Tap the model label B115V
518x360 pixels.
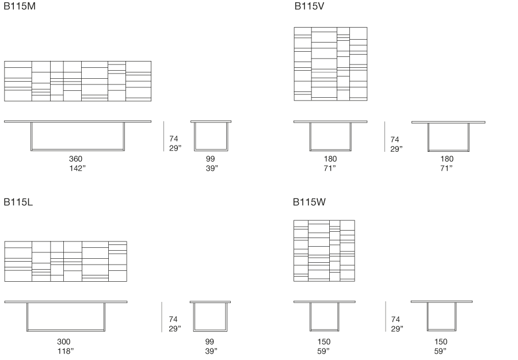tap(310, 6)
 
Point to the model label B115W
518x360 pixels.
tap(310, 202)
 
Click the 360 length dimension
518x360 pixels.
tap(75, 159)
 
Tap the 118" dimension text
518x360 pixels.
tap(66, 351)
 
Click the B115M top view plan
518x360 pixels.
tap(78, 81)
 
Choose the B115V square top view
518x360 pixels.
tap(330, 64)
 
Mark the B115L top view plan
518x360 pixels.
tap(66, 262)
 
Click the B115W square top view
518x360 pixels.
tap(324, 251)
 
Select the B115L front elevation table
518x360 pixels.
tap(66, 316)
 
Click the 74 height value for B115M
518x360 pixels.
tap(174, 139)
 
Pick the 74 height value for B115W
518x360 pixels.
tap(395, 320)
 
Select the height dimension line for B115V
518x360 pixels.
tap(385, 137)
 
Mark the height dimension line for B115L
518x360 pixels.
tap(162, 317)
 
